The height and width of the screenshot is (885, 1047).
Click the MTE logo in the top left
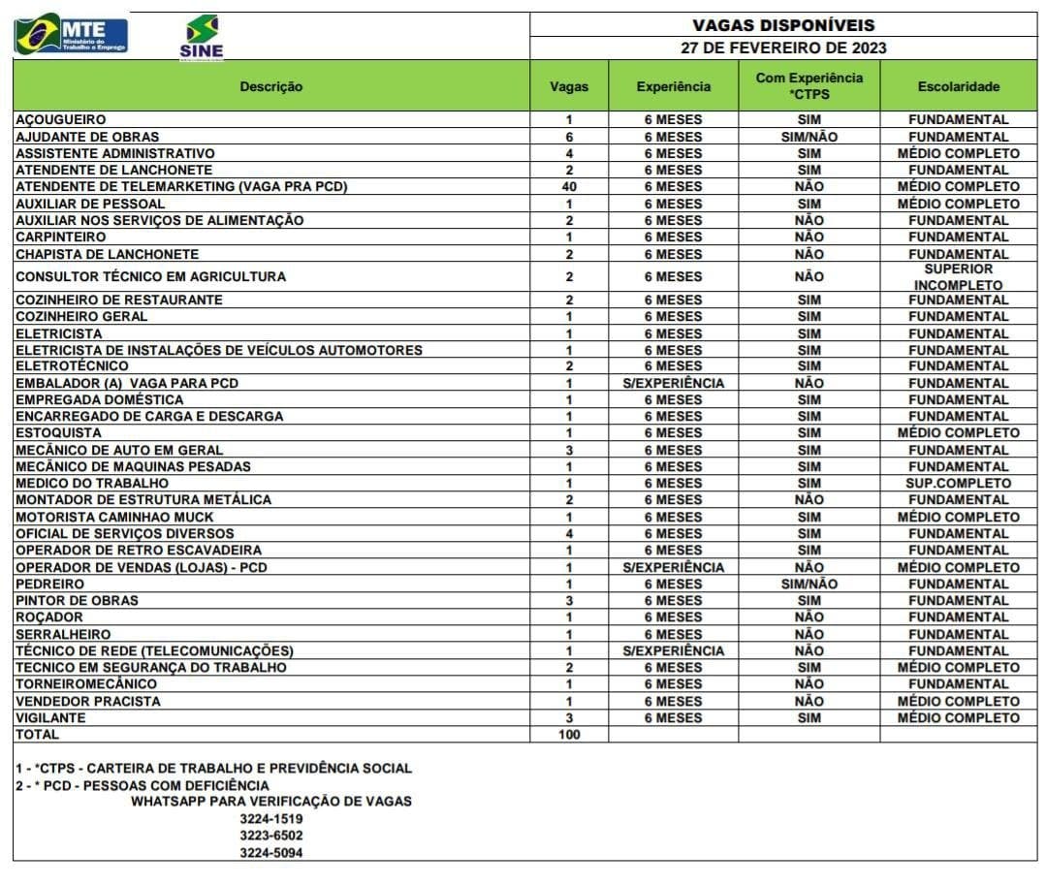click(x=71, y=34)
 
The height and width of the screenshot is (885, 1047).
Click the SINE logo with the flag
click(x=201, y=38)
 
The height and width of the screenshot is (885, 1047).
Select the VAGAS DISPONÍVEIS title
click(x=783, y=25)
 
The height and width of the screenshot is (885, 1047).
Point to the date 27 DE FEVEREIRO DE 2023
click(x=783, y=47)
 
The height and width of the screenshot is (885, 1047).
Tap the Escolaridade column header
click(x=958, y=86)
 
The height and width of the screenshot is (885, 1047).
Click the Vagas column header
click(x=569, y=86)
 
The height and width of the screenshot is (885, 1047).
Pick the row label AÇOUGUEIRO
click(x=61, y=120)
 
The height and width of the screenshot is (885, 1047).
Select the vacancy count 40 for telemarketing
click(x=569, y=186)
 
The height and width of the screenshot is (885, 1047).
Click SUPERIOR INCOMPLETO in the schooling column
click(x=958, y=277)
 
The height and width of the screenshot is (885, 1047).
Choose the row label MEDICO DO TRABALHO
click(x=92, y=483)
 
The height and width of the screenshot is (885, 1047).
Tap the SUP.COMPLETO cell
click(x=958, y=483)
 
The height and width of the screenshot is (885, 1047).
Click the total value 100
click(x=569, y=735)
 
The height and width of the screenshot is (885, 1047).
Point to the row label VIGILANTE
click(x=50, y=718)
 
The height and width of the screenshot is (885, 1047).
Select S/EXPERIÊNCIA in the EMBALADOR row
click(x=673, y=383)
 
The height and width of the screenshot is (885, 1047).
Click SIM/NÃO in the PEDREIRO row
click(x=809, y=585)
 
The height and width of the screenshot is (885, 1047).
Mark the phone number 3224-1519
click(x=271, y=818)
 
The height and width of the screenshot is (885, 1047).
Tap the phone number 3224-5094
click(x=271, y=853)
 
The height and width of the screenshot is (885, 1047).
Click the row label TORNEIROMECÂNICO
click(x=86, y=684)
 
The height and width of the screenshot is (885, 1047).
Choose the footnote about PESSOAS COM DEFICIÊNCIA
click(x=143, y=785)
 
